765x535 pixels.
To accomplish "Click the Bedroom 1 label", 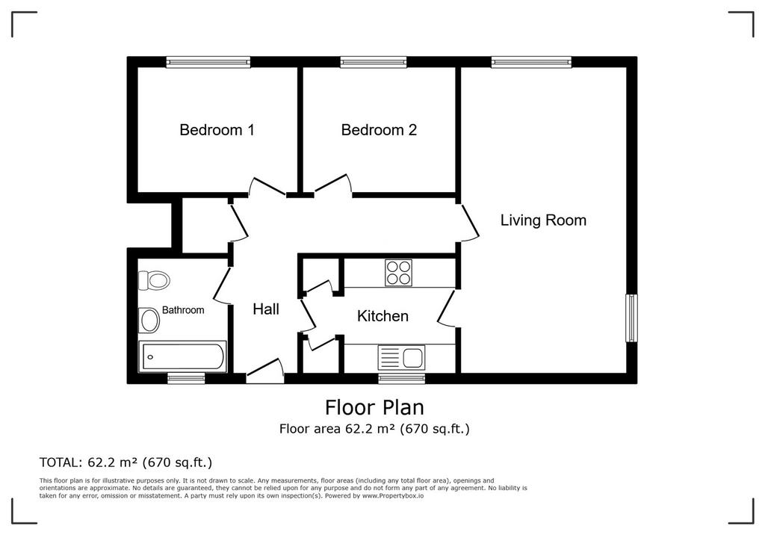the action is [x=217, y=130].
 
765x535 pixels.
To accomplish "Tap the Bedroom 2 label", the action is [x=379, y=130].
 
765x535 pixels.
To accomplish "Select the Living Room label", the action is [x=543, y=220].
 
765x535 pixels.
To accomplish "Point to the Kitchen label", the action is [x=382, y=316].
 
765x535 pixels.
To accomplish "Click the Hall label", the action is [x=266, y=309].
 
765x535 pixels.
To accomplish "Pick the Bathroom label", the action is [x=183, y=310].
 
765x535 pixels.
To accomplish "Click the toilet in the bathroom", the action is [x=154, y=281].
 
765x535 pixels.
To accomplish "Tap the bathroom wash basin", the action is [x=149, y=321].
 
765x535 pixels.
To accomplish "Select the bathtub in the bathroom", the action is [x=182, y=356].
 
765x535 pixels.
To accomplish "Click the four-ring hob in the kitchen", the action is [x=399, y=273].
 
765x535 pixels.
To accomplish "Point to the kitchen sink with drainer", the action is [x=401, y=357].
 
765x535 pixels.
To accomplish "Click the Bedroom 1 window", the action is [x=208, y=62].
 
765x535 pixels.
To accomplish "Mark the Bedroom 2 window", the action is [x=374, y=62].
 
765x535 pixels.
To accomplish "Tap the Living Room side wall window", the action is [x=632, y=318].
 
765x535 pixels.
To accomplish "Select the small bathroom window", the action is [x=186, y=378].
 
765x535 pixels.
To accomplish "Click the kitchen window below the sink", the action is [x=401, y=378].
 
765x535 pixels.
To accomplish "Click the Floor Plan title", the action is [x=375, y=407].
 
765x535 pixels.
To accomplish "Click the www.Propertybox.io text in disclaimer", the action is [x=393, y=495].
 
